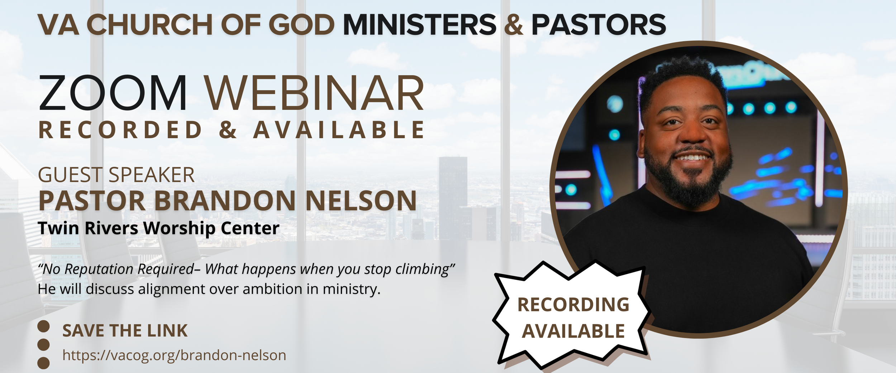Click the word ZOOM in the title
click(x=113, y=93)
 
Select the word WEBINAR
click(x=314, y=93)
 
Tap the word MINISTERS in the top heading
click(x=419, y=25)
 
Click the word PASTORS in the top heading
click(x=599, y=25)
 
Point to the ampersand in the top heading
click(x=514, y=25)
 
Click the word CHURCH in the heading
click(x=150, y=25)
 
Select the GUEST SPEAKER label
click(x=116, y=175)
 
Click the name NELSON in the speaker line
click(x=361, y=201)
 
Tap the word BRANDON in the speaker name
click(x=225, y=201)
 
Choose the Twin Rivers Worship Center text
click(x=158, y=228)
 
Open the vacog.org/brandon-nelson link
click(x=174, y=355)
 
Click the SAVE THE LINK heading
click(x=125, y=330)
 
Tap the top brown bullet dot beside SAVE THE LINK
click(x=43, y=326)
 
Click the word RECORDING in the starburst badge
click(x=573, y=305)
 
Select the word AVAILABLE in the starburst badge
click(x=573, y=331)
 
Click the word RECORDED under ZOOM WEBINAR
click(x=120, y=130)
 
